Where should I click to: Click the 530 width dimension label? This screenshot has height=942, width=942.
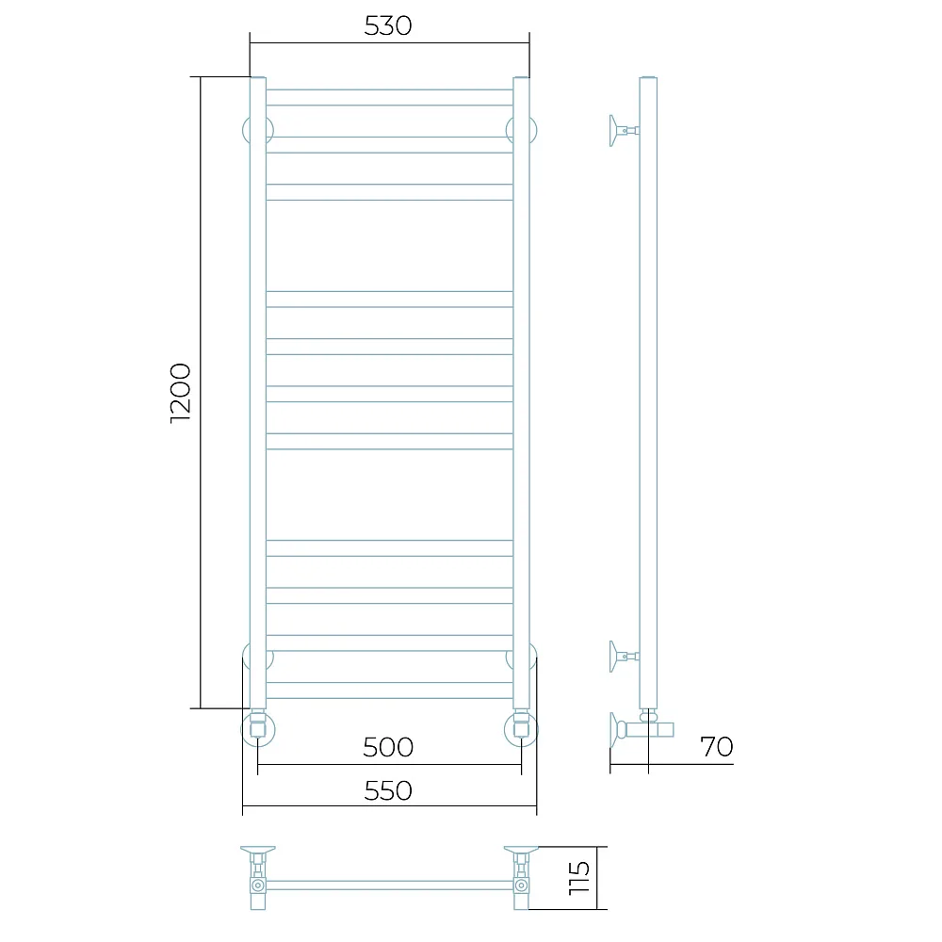pos(388,25)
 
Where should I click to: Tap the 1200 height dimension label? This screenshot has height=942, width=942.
pos(180,394)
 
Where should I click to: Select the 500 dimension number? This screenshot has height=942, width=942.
pos(388,747)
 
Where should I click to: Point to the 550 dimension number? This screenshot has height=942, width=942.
pos(388,790)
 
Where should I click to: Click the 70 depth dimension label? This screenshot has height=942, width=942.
pos(717,747)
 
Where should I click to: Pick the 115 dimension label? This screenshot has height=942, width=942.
pos(579,878)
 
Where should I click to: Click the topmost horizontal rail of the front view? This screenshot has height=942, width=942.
pos(389,97)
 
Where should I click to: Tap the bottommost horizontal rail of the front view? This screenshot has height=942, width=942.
pos(389,690)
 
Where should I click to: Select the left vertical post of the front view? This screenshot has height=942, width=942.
pos(258,393)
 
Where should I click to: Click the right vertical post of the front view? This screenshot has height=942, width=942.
pos(522,393)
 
